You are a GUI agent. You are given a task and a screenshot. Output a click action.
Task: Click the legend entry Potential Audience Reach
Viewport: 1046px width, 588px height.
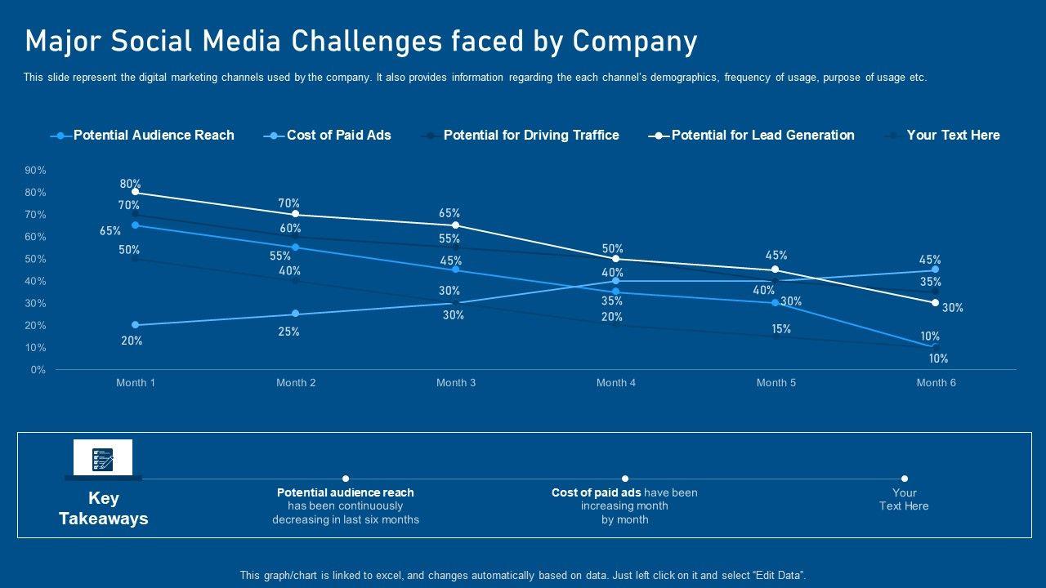coord(153,136)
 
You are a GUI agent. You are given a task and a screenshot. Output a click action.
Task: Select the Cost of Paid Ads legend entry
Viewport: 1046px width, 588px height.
coord(338,136)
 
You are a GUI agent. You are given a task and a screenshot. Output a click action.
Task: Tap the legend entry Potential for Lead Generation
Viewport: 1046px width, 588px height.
coord(762,136)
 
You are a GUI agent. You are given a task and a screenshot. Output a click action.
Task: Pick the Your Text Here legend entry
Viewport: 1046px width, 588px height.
coord(953,136)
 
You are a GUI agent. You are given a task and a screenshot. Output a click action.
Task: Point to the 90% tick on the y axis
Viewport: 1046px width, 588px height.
coord(36,171)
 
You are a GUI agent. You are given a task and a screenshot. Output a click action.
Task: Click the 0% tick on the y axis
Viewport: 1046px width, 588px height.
coord(38,370)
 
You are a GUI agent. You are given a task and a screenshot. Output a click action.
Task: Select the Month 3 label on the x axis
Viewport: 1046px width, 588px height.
coord(456,383)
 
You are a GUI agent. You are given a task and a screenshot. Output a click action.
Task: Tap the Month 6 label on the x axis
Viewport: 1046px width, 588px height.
coord(936,383)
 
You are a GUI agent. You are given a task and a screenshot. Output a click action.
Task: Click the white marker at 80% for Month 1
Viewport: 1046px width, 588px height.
coord(136,193)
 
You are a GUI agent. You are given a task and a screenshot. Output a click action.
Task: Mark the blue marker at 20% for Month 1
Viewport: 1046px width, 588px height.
coord(136,325)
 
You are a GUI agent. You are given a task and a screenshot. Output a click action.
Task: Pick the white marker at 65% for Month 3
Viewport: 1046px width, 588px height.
coord(456,225)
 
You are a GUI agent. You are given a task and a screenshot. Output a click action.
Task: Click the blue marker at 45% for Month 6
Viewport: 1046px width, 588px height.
coord(936,269)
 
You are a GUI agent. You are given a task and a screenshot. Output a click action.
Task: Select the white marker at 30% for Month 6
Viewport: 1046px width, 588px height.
coord(936,303)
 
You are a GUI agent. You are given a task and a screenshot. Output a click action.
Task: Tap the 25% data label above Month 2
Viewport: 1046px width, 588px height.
coord(289,332)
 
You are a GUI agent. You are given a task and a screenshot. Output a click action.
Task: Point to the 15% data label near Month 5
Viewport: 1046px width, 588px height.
coord(780,329)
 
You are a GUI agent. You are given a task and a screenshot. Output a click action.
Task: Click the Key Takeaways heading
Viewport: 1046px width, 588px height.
coord(104,509)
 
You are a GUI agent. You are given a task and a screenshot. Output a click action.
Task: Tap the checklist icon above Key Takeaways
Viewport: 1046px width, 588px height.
coord(103,457)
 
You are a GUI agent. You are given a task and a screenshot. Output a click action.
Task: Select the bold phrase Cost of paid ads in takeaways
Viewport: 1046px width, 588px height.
coord(596,492)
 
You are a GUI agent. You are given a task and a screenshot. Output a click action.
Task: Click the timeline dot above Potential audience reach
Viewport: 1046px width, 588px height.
coord(346,479)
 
